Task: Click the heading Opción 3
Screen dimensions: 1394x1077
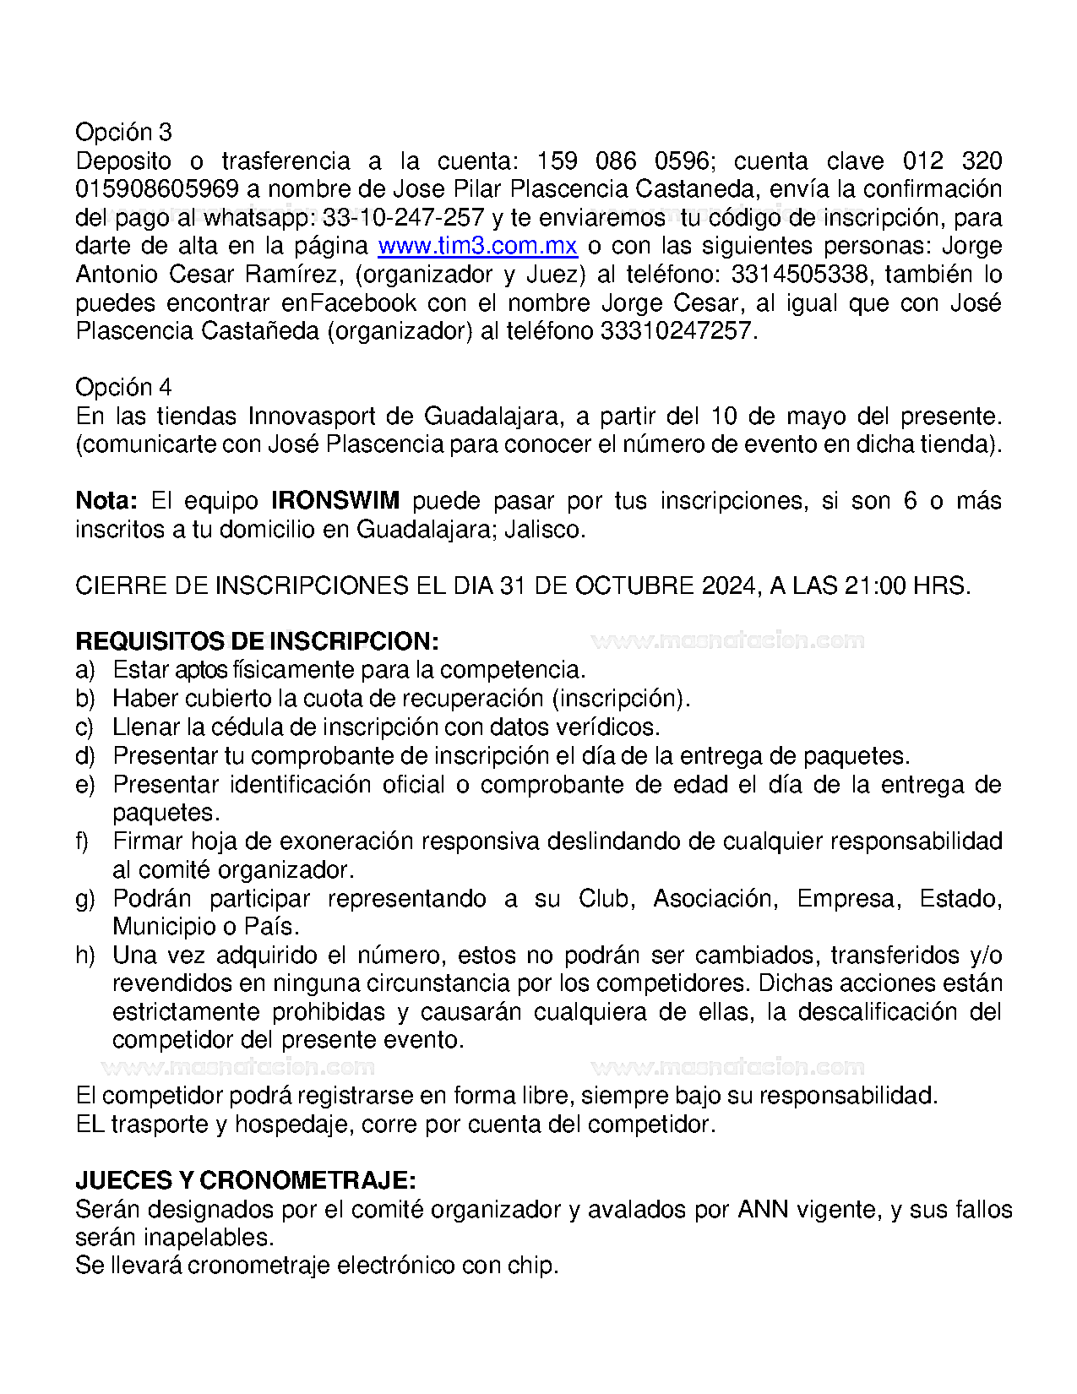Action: click(123, 133)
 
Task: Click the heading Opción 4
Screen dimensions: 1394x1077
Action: click(123, 388)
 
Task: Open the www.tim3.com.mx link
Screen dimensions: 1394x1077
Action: click(477, 246)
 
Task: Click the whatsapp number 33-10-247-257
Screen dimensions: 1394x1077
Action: click(403, 218)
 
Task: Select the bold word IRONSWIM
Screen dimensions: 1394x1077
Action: click(335, 501)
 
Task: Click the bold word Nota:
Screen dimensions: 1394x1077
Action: click(106, 501)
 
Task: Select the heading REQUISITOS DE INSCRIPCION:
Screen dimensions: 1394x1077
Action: click(257, 642)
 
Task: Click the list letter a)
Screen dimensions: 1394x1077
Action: click(85, 671)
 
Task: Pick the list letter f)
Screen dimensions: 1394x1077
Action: click(83, 842)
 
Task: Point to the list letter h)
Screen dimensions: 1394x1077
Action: click(85, 956)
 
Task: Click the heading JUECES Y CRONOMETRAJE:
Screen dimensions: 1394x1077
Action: click(245, 1181)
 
